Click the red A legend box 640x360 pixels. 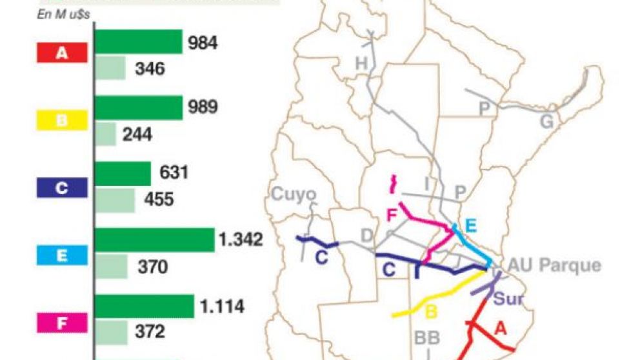[62, 54]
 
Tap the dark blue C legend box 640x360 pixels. [62, 188]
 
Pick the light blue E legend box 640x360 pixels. [62, 255]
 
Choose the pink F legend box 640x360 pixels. [62, 322]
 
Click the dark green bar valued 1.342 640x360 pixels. [154, 240]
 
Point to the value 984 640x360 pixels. [203, 43]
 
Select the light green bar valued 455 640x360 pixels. [115, 200]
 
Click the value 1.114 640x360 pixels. [221, 306]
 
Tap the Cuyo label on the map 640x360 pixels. [294, 194]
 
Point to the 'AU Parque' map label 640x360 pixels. [554, 265]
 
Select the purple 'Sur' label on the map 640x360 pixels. [508, 299]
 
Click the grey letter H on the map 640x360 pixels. [361, 63]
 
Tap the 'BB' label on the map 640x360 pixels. [427, 339]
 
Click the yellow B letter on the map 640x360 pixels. [432, 313]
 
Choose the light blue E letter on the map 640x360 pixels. [470, 225]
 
